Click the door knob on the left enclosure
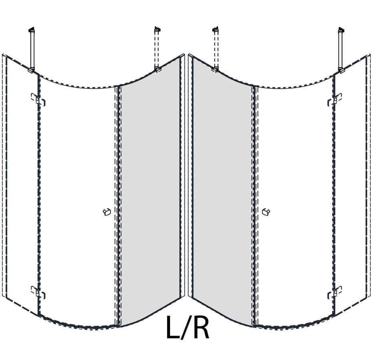click(107, 212)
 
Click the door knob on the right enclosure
click(266, 212)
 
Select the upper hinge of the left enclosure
click(38, 100)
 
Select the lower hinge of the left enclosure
click(38, 292)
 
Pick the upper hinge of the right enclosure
click(334, 100)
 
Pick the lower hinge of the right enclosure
click(334, 292)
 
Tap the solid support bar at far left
click(32, 50)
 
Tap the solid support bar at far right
click(341, 50)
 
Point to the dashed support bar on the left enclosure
click(156, 49)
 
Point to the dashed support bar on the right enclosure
click(216, 49)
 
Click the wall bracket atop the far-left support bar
click(32, 30)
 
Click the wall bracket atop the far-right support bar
click(341, 30)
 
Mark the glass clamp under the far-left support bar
click(31, 70)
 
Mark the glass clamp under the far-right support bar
click(341, 70)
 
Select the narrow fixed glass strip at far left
click(21, 185)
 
